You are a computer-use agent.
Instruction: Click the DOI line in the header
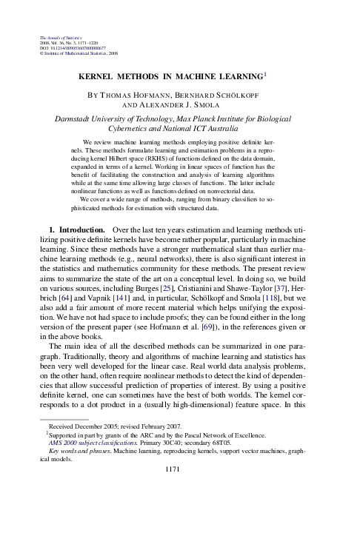(70, 48)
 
